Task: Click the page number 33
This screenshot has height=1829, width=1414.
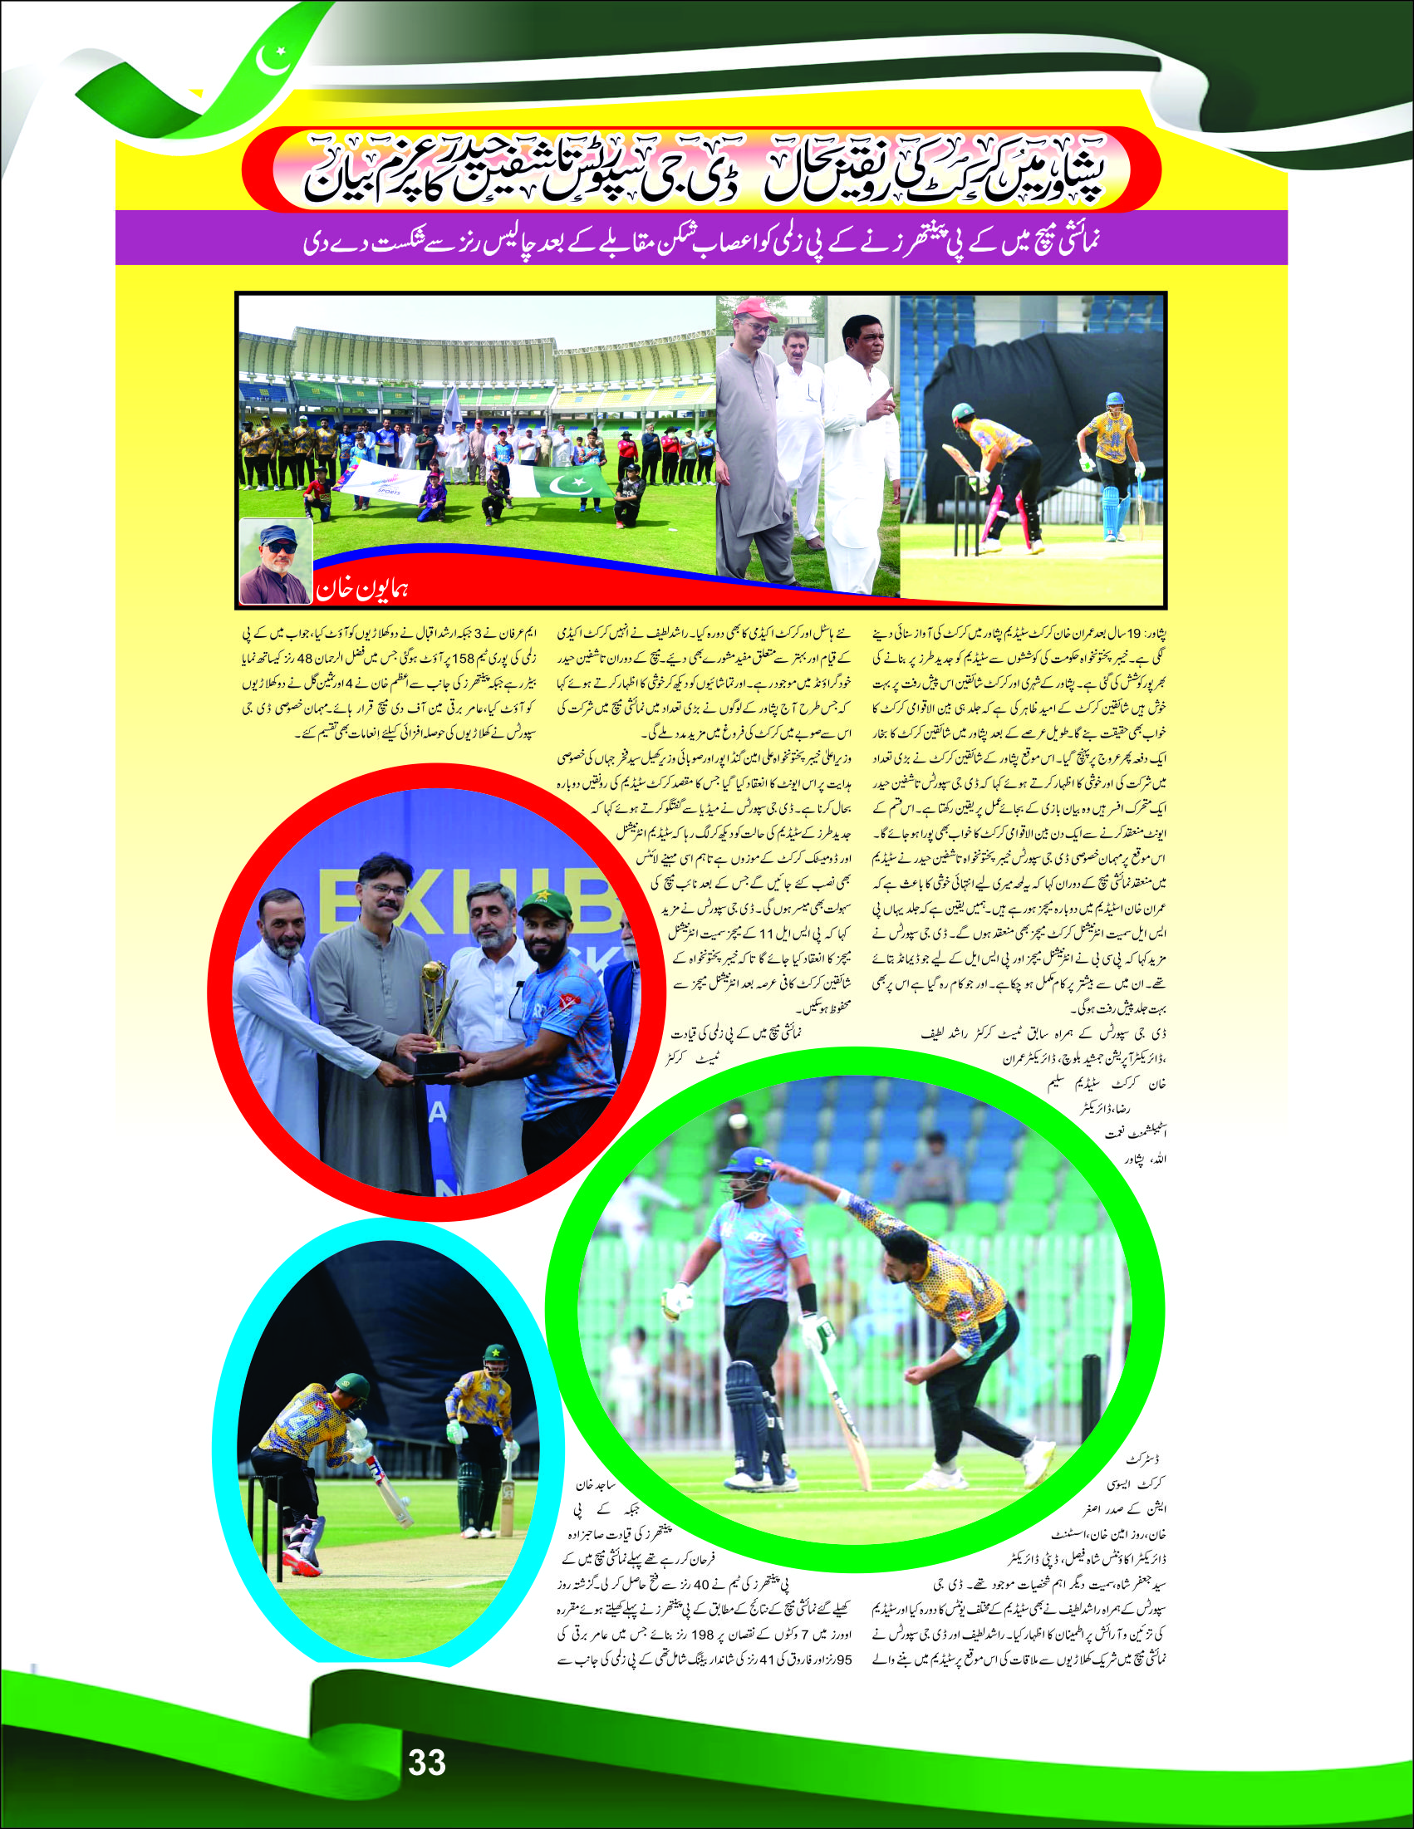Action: tap(426, 1761)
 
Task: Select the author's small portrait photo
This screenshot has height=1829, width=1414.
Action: tap(276, 562)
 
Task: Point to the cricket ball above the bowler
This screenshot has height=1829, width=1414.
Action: tap(738, 1120)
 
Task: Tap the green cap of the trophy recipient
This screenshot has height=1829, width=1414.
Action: tap(544, 905)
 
